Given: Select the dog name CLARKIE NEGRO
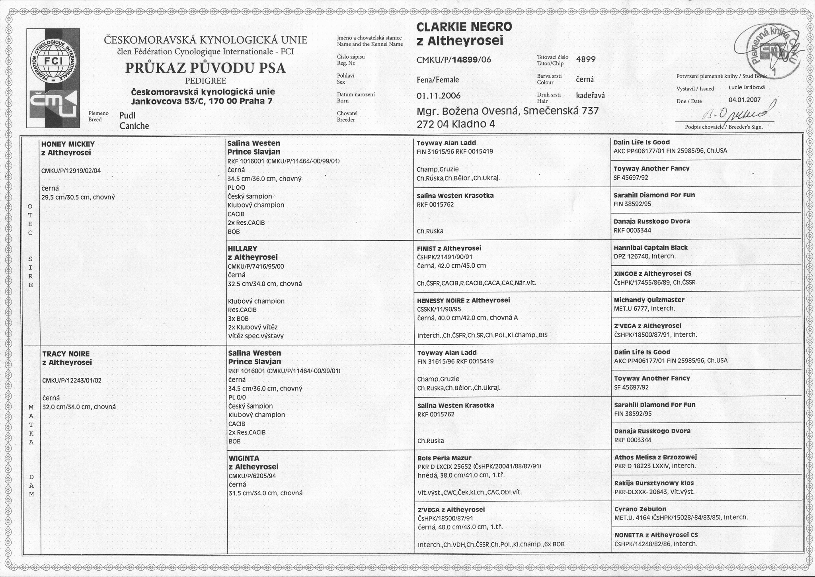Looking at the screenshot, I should (x=464, y=27).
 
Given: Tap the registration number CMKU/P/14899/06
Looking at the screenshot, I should (x=454, y=60).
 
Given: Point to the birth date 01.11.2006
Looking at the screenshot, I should (x=438, y=96).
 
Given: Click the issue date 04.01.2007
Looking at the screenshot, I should (x=745, y=100).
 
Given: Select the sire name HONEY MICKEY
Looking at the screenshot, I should (x=68, y=144).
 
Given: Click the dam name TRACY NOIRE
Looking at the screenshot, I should (x=66, y=354).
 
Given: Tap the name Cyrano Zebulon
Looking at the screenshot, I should (x=640, y=509).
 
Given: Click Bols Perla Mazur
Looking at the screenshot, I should (x=444, y=458).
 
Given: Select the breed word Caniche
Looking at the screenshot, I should (x=134, y=126).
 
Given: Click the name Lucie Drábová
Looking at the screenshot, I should (x=747, y=87).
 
